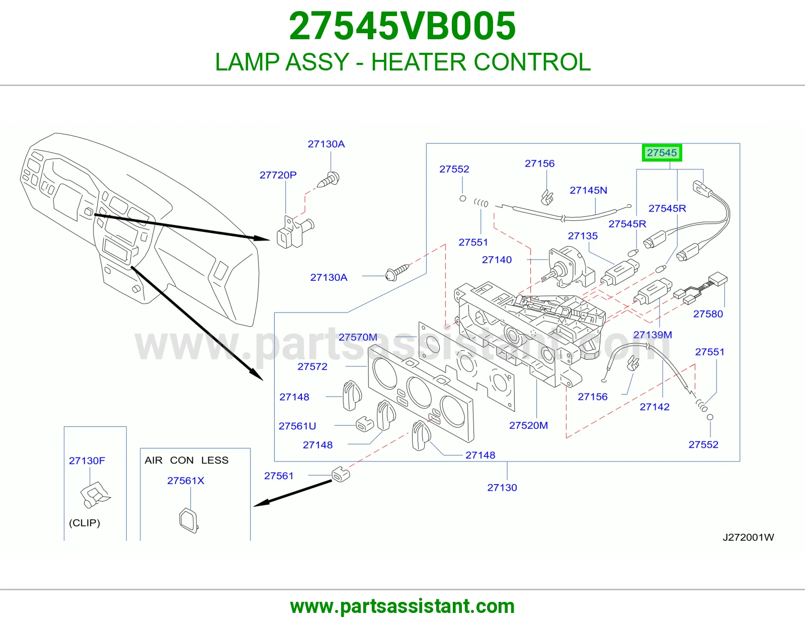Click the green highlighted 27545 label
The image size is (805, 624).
point(662,152)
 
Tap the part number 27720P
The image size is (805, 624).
point(278,175)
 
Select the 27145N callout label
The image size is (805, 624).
point(588,190)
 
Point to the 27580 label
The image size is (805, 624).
point(708,314)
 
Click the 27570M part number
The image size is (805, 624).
point(358,337)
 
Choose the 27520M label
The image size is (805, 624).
point(528,425)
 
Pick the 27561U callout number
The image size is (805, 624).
point(297,426)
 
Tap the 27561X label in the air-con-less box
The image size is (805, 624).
point(186,480)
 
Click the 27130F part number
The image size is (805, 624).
point(87,460)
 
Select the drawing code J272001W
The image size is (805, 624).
point(748,537)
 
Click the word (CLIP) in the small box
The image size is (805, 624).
point(85,523)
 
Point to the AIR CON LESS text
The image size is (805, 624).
point(186,460)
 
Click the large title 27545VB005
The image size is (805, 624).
point(403,26)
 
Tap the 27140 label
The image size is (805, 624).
point(497,260)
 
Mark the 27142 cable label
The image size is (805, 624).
point(655,407)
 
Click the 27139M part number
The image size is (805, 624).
point(653,335)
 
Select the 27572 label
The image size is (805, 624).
point(312,366)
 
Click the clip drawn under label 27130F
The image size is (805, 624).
point(95,495)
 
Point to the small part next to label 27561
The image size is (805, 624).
point(341,475)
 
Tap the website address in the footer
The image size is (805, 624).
point(403,606)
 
